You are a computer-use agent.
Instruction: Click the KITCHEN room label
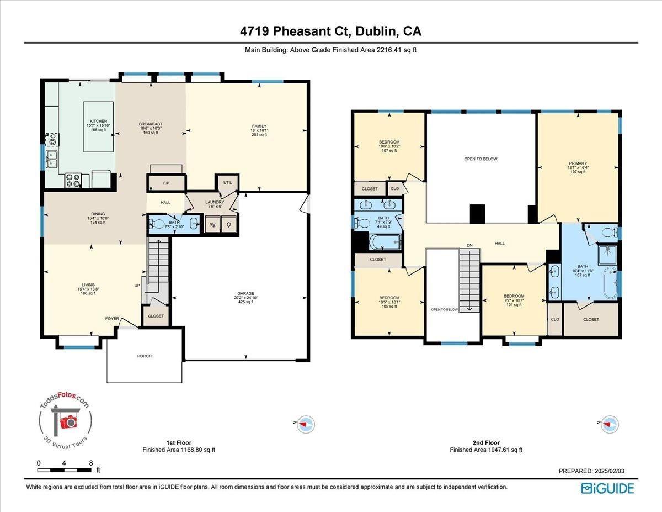pyautogui.click(x=98, y=122)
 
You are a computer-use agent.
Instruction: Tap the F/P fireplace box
pyautogui.click(x=165, y=183)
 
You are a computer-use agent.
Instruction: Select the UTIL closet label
pyautogui.click(x=227, y=182)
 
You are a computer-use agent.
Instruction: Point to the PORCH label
pyautogui.click(x=145, y=356)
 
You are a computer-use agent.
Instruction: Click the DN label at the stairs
pyautogui.click(x=469, y=245)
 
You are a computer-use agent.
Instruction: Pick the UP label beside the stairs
pyautogui.click(x=137, y=286)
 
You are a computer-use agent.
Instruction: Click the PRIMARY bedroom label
pyautogui.click(x=578, y=163)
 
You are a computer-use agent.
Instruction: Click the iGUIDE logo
pyautogui.click(x=607, y=488)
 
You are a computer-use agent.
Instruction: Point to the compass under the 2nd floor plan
pyautogui.click(x=610, y=424)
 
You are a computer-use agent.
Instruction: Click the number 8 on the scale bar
pyautogui.click(x=90, y=463)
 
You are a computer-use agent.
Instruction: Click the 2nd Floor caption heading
pyautogui.click(x=485, y=442)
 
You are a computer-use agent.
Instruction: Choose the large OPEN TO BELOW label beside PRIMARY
pyautogui.click(x=481, y=159)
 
